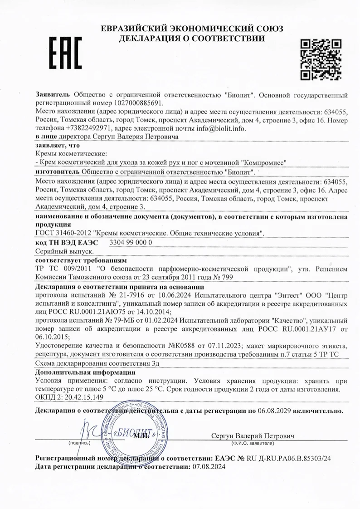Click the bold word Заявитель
point(53,95)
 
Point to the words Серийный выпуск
point(64,251)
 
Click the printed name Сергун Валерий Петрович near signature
point(253,436)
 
